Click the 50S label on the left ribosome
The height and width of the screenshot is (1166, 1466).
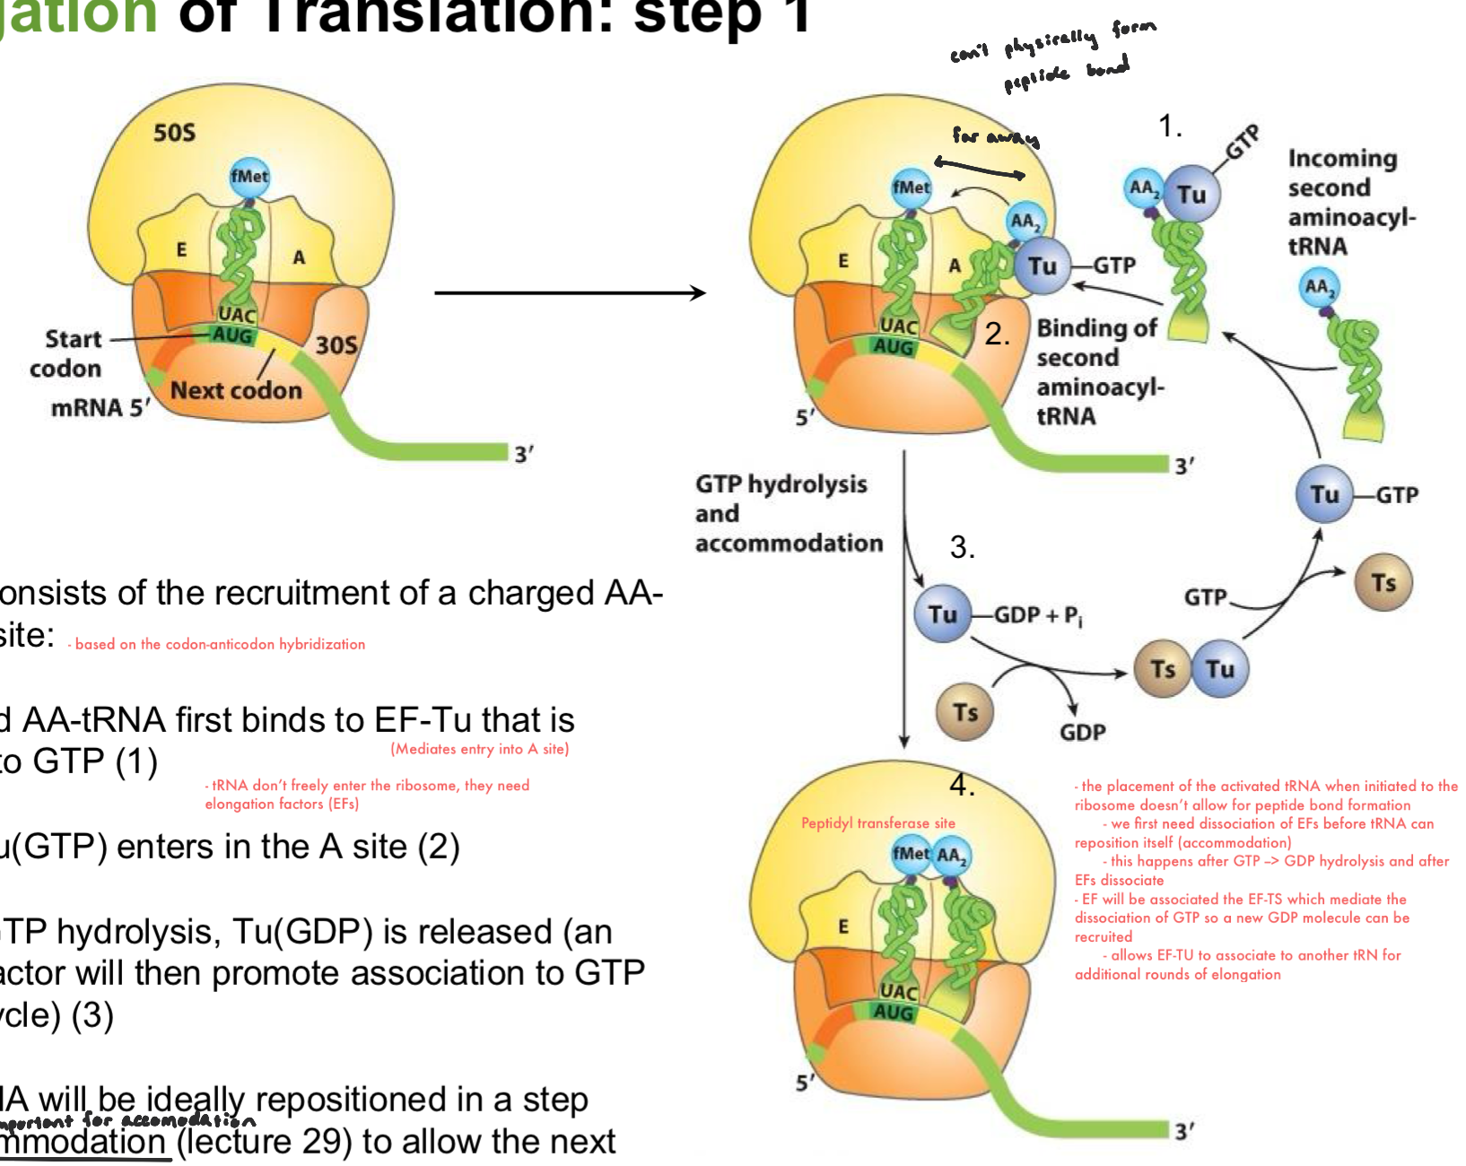coord(174,133)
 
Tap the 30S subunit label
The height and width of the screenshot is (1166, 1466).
coord(336,345)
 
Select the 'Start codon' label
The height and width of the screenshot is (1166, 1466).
coord(67,353)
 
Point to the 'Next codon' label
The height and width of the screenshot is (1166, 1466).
coord(236,390)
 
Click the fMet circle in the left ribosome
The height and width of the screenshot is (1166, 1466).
coord(249,177)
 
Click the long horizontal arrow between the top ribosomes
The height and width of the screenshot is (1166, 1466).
coord(570,292)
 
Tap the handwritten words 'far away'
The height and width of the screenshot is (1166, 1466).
coord(995,136)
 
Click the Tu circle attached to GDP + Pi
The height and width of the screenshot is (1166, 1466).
coord(943,614)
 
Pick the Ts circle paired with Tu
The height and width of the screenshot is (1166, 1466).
coord(1163,669)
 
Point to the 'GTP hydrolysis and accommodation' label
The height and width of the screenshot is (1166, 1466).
coord(788,513)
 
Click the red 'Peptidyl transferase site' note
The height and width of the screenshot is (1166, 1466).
coord(877,822)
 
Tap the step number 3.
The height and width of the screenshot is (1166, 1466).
coord(962,548)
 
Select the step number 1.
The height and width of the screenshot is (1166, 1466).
coord(1170,126)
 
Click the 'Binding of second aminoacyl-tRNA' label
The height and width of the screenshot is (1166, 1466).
coord(1099,371)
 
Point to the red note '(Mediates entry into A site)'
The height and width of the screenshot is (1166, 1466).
coord(479,749)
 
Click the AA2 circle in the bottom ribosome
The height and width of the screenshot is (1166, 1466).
coord(951,855)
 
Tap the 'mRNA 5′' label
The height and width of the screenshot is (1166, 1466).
coord(100,408)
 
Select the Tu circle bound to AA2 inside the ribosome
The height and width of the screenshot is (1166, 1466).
coord(1042,265)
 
